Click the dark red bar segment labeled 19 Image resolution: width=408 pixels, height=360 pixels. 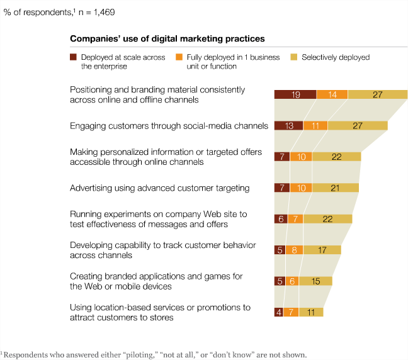(295, 95)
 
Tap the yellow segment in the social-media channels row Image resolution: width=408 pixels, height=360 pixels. (357, 126)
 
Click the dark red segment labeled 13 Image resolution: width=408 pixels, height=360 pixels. (288, 126)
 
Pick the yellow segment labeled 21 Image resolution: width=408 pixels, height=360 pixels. (335, 188)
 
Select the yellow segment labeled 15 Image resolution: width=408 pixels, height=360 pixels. (315, 281)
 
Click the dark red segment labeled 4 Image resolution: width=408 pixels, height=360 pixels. (278, 312)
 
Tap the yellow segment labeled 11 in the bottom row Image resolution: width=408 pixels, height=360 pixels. (311, 312)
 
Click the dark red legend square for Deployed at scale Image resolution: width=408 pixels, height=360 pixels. (73, 57)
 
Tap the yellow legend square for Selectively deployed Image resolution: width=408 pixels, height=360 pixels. (294, 57)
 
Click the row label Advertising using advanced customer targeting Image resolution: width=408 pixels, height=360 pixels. (160, 188)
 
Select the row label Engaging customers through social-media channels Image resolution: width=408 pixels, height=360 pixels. (169, 126)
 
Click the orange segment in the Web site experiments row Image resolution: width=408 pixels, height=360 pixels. (295, 219)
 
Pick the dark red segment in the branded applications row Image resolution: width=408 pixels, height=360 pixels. (280, 281)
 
